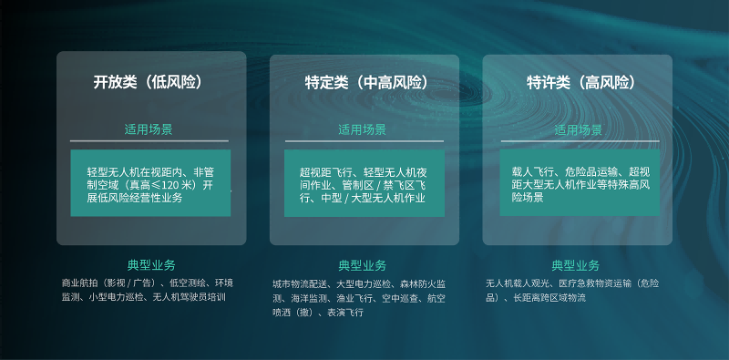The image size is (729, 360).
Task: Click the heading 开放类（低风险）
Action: point(151,82)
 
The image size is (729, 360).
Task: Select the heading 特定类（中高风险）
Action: point(364,82)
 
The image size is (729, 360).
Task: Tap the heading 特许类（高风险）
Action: point(578,82)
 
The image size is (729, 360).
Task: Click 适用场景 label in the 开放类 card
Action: point(150,129)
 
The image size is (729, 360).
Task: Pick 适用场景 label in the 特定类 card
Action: point(364,129)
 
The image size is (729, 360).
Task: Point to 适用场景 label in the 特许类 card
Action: point(578,129)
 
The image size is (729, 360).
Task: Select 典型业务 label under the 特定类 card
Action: point(364,265)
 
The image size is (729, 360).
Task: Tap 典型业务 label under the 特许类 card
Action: point(576,265)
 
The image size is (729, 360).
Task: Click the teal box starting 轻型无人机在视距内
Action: point(150,183)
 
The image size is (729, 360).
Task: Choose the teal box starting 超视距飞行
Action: point(364,183)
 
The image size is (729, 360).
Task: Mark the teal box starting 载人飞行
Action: point(578,183)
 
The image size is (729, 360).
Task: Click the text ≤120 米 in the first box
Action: point(174,184)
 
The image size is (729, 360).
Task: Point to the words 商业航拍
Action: point(82,283)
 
